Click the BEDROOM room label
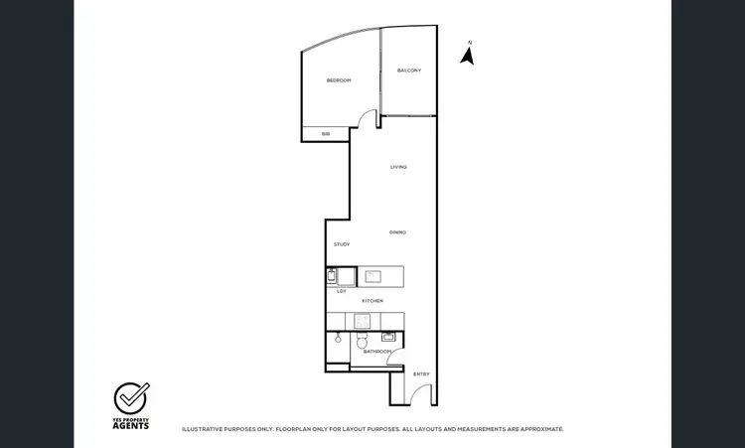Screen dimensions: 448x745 (x=339, y=79)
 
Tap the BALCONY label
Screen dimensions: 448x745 (x=409, y=71)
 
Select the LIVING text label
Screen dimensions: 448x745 (x=398, y=167)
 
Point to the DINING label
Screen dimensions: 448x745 (x=397, y=232)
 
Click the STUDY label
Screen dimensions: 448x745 (x=342, y=244)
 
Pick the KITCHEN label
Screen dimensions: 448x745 (x=372, y=301)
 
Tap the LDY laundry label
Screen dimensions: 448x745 (x=342, y=291)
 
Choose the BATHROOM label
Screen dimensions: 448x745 (x=377, y=352)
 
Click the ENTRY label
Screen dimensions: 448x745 (x=421, y=373)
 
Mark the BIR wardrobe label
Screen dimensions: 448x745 (x=325, y=134)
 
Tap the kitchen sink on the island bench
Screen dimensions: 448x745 (x=374, y=276)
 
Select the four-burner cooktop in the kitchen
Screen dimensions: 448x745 (x=363, y=321)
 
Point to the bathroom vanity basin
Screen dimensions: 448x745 (x=388, y=337)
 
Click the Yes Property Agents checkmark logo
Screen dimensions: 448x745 (x=131, y=397)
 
